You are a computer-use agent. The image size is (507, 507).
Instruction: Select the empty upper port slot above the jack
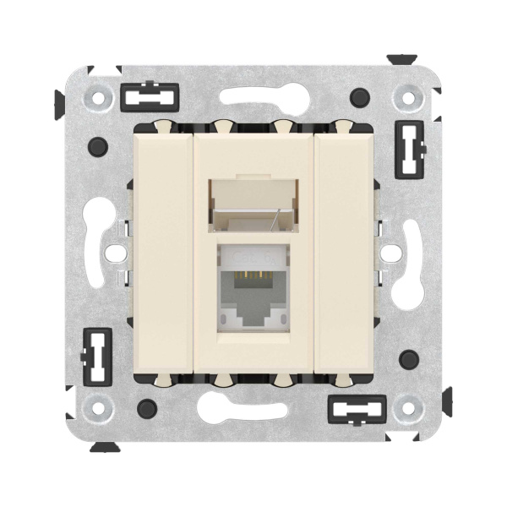coord(253,206)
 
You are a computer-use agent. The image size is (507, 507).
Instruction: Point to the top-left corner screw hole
coord(99,97)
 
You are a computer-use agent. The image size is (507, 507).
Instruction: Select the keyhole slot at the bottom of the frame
coord(253,412)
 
